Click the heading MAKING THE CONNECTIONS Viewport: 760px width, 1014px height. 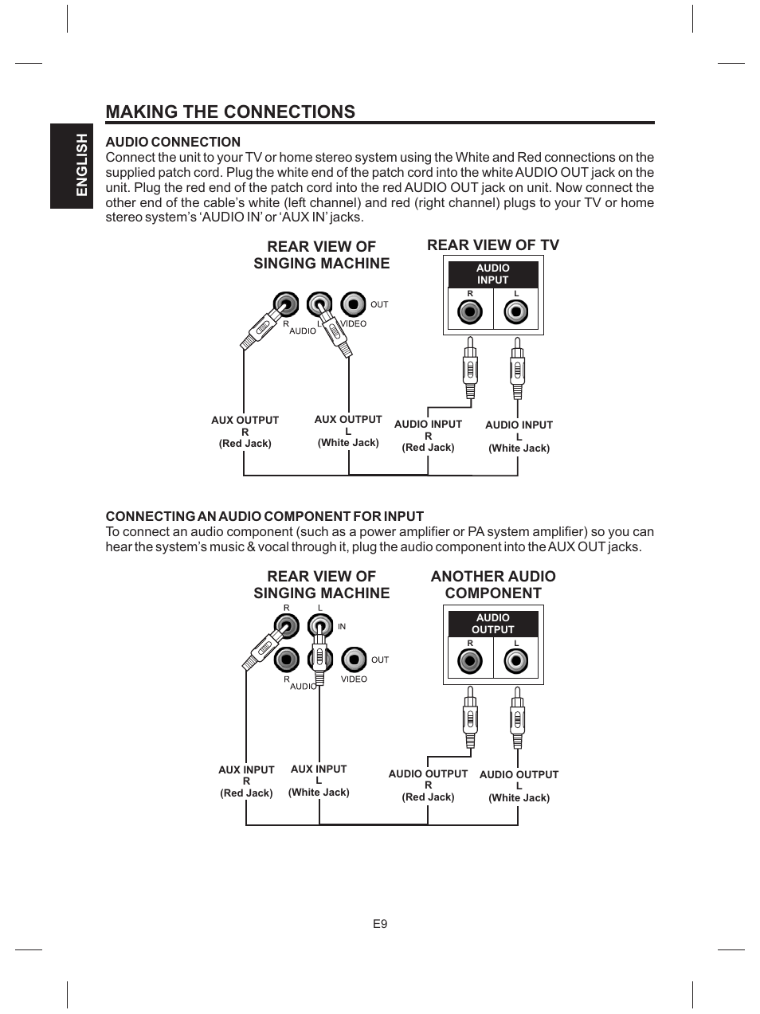coord(230,112)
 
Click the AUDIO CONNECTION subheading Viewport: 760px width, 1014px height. coord(173,143)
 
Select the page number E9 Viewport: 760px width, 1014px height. coord(379,924)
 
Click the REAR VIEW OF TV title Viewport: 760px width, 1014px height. coord(493,245)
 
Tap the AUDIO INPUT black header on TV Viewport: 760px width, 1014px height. coord(492,274)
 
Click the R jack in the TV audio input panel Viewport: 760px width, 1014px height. coord(470,312)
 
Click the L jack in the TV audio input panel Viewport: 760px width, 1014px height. coord(516,312)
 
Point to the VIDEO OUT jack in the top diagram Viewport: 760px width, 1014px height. coord(354,304)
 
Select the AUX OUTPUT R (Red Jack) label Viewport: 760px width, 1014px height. coord(245,432)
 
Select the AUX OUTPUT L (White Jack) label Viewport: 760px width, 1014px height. coord(348,431)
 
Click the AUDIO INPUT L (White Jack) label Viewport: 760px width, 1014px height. coord(519,437)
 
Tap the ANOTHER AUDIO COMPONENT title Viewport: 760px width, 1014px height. coord(493,585)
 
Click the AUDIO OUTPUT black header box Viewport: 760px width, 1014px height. coord(492,624)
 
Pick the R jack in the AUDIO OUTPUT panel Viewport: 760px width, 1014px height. coord(470,661)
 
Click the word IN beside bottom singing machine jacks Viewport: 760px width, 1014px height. coord(342,627)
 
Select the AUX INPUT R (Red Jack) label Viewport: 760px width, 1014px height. coord(246,781)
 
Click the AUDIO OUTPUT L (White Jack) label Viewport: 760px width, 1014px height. coord(519,785)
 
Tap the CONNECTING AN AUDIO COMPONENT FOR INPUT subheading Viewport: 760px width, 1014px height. coord(264,516)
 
